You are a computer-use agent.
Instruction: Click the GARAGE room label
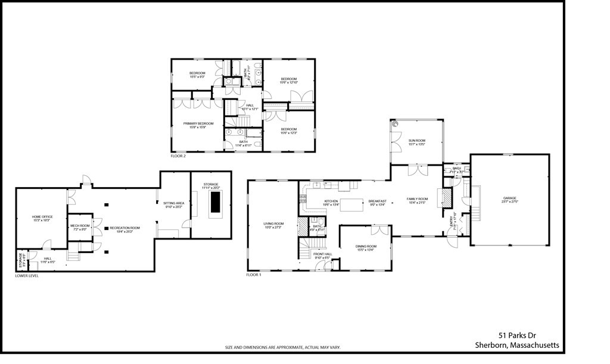(509, 198)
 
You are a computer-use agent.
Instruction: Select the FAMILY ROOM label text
(417, 199)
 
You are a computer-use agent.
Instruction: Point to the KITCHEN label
(331, 201)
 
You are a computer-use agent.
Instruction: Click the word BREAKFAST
(377, 201)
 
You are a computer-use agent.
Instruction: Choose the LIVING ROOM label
(273, 224)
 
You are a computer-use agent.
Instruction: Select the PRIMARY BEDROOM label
(197, 123)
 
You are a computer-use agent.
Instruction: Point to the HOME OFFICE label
(41, 216)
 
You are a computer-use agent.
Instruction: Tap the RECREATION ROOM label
(125, 228)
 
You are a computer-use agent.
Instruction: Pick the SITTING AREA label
(174, 203)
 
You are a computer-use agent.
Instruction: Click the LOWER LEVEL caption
(27, 276)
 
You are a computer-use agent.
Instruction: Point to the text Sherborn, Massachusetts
(516, 345)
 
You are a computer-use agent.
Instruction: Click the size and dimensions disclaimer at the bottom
(282, 347)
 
